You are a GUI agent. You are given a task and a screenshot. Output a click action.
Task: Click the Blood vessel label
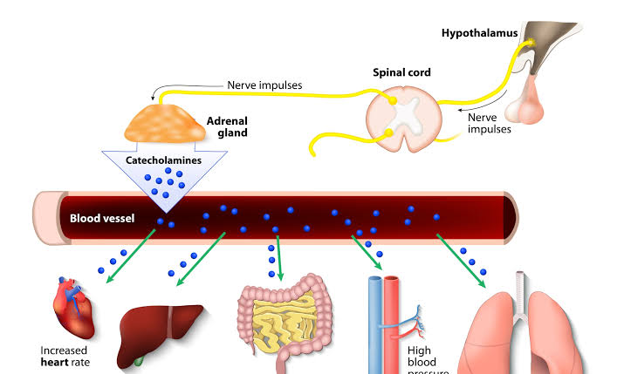pyautogui.click(x=102, y=217)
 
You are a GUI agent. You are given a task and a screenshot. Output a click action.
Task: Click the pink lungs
pyautogui.click(x=532, y=335)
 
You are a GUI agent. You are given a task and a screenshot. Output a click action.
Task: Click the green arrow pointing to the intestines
pyautogui.click(x=278, y=257)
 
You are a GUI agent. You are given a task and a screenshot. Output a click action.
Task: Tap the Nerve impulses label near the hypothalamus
pyautogui.click(x=489, y=123)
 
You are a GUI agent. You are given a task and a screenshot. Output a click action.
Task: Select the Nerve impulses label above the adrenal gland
pyautogui.click(x=264, y=85)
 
